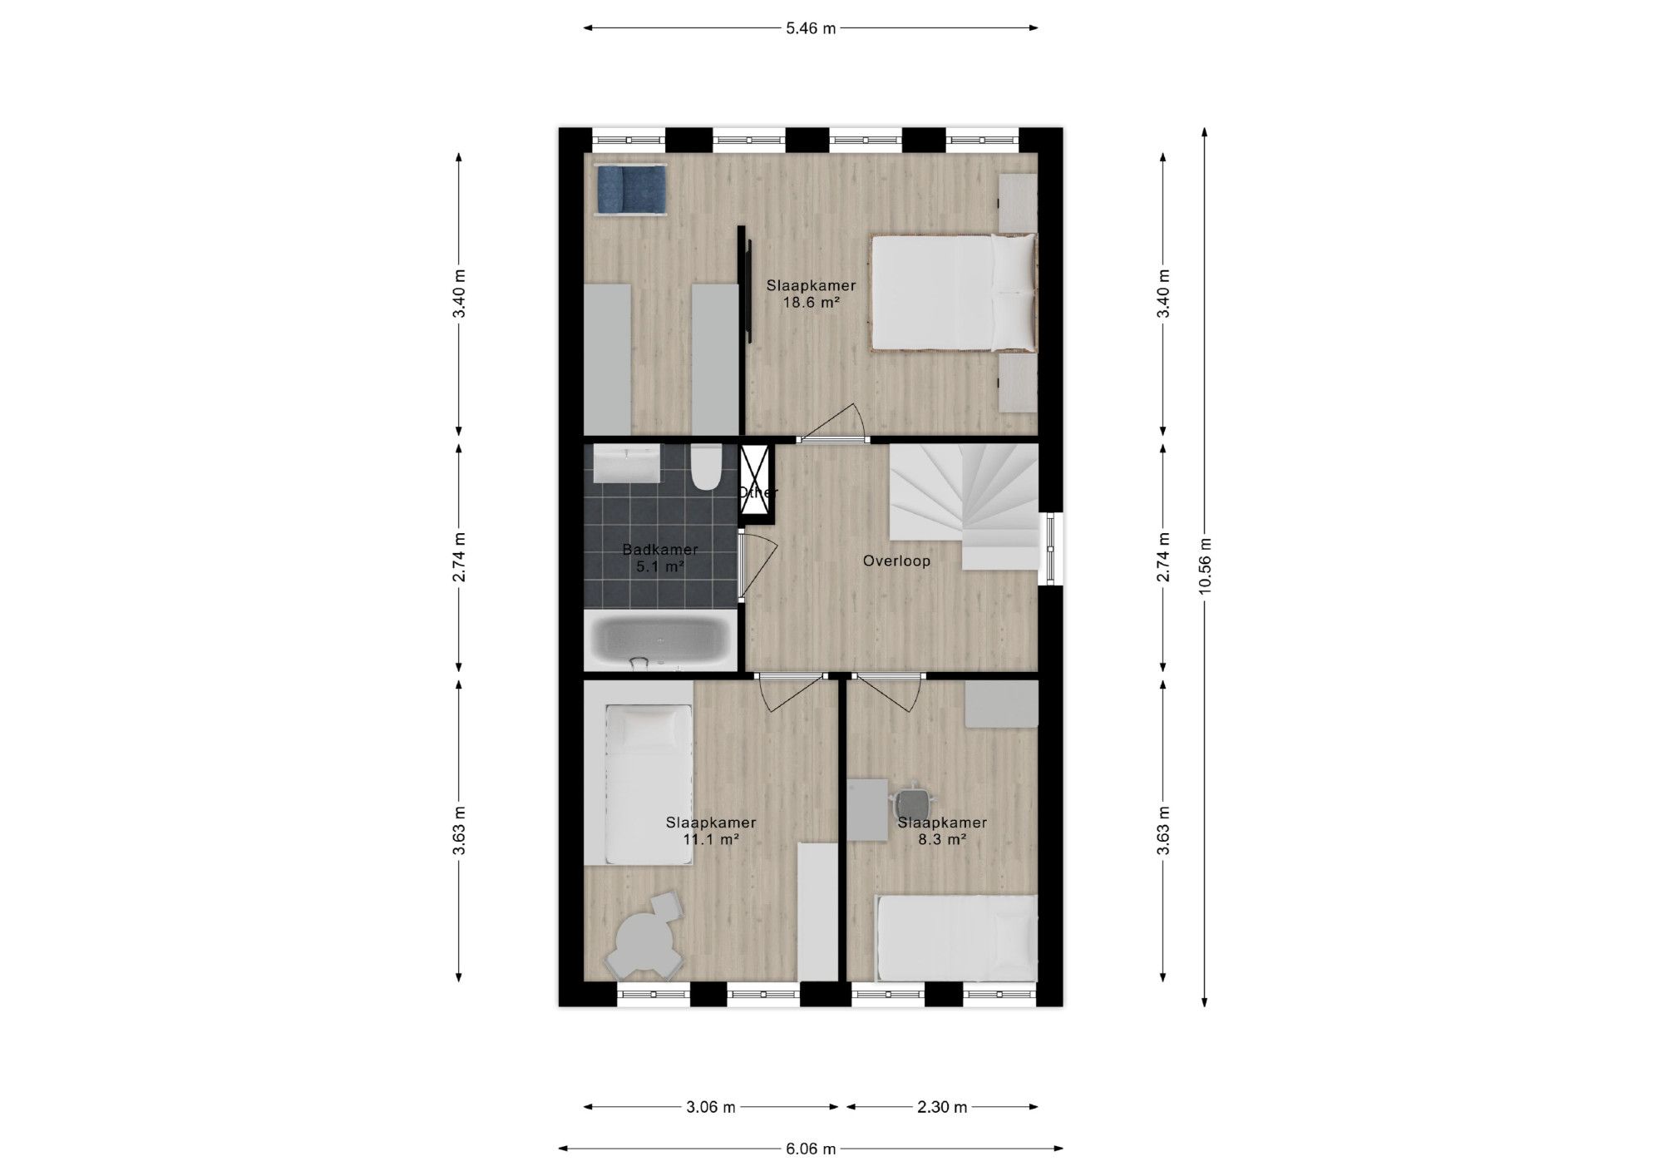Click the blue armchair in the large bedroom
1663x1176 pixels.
(631, 190)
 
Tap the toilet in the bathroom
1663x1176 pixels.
(708, 467)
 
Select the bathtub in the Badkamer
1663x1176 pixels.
(660, 640)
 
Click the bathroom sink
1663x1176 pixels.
(626, 463)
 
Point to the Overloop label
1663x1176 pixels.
(896, 561)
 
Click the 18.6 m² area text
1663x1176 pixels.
(811, 303)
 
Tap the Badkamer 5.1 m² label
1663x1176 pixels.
(660, 558)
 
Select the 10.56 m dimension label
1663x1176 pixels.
(1205, 566)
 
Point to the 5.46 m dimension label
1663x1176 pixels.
(811, 28)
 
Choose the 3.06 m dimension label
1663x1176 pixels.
(710, 1107)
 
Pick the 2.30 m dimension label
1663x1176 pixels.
(942, 1107)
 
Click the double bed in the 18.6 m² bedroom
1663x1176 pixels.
(954, 293)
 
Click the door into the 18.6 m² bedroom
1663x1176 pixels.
(832, 423)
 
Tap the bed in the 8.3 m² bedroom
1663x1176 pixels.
(957, 938)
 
